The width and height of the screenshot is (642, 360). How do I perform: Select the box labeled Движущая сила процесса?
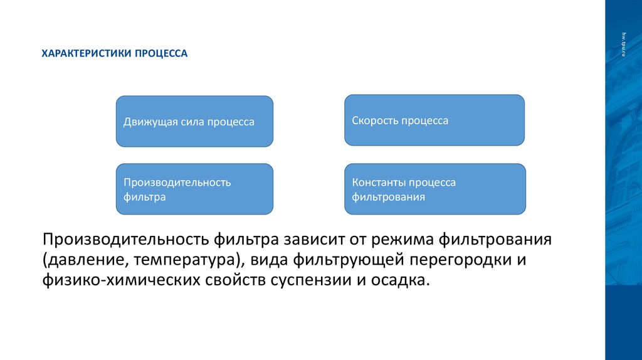pos(194,122)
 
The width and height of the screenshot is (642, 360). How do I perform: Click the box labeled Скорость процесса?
pos(434,120)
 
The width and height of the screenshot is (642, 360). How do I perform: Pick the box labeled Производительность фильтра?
pos(194,189)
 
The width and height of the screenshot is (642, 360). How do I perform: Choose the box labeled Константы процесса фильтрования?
pos(434,189)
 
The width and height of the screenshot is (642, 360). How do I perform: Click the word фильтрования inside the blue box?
pos(389,197)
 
